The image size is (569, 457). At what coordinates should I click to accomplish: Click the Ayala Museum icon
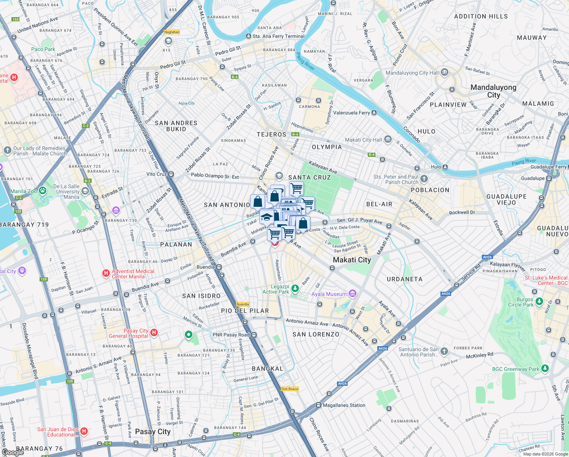(353, 294)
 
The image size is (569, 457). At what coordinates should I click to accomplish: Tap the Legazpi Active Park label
(276, 289)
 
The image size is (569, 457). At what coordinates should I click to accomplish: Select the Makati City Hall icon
(388, 140)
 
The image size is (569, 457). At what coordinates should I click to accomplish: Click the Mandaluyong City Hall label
(412, 73)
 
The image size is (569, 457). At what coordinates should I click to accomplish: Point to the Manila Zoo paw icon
(43, 191)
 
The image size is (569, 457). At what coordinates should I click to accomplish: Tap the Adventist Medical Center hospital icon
(106, 273)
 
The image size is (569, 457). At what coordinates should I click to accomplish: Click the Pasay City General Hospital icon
(154, 333)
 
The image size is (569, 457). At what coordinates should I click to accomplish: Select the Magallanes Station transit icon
(318, 405)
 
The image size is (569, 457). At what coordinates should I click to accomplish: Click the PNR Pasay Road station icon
(254, 335)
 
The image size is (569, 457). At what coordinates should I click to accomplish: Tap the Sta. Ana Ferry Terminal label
(278, 36)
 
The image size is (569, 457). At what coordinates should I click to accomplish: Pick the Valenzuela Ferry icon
(374, 113)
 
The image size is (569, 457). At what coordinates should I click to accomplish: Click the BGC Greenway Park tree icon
(545, 369)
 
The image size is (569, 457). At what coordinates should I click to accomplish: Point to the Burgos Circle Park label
(521, 302)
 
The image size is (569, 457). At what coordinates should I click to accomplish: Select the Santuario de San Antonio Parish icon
(444, 351)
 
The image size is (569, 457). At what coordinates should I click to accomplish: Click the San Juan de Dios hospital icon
(84, 431)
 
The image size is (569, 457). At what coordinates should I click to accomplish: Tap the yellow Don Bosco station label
(290, 389)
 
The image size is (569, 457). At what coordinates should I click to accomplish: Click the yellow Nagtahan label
(172, 32)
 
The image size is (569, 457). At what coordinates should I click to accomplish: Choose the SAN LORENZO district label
(316, 334)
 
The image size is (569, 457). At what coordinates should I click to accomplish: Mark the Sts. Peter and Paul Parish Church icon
(424, 179)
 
